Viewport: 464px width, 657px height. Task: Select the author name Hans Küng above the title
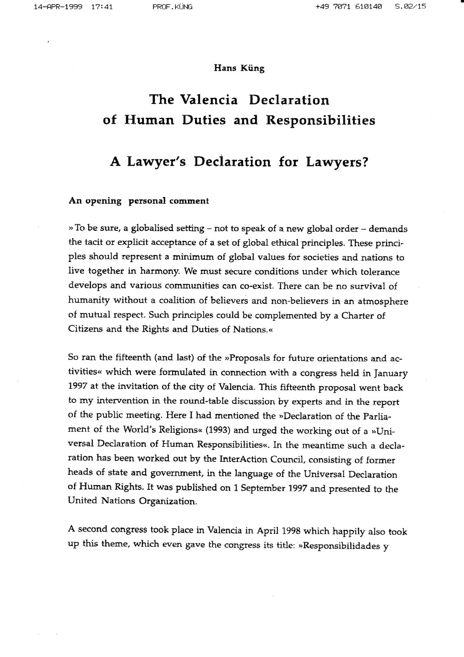[x=238, y=68]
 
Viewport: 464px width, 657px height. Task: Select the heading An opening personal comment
[x=138, y=201]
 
